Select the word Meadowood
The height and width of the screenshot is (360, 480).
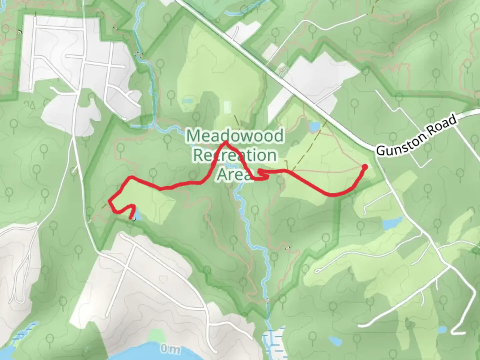pos(235,136)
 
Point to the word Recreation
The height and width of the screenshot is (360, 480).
pos(235,155)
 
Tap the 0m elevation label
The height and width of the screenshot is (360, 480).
pos(170,349)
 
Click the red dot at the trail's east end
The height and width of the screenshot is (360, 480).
pos(365,167)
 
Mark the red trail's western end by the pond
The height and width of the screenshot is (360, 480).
pos(130,218)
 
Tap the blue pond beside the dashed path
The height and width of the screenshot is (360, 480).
pos(314,127)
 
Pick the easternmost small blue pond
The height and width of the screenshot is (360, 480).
pos(442,329)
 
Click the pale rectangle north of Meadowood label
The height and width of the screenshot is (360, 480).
pos(227,107)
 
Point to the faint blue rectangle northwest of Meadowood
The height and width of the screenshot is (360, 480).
pos(187,100)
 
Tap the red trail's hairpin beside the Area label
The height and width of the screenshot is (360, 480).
pos(259,172)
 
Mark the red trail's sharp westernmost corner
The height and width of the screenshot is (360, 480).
pos(109,201)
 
